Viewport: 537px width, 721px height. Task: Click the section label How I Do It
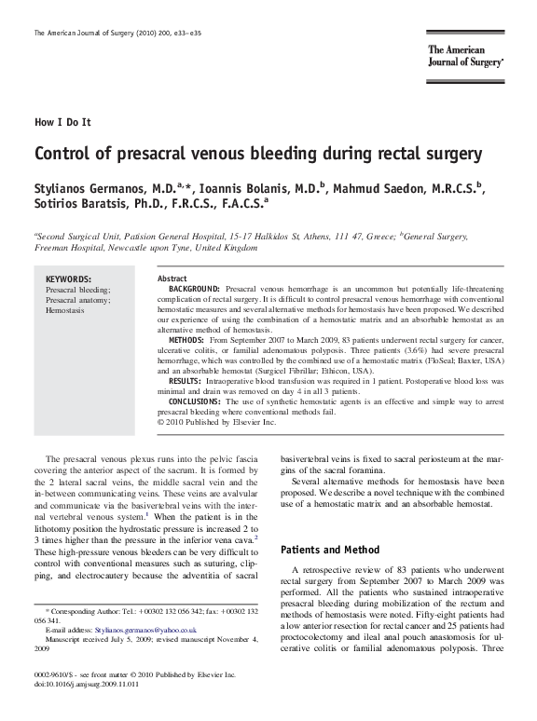62,122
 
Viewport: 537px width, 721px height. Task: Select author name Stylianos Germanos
99,191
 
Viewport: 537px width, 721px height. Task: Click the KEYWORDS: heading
69,279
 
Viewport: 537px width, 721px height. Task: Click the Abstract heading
172,279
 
